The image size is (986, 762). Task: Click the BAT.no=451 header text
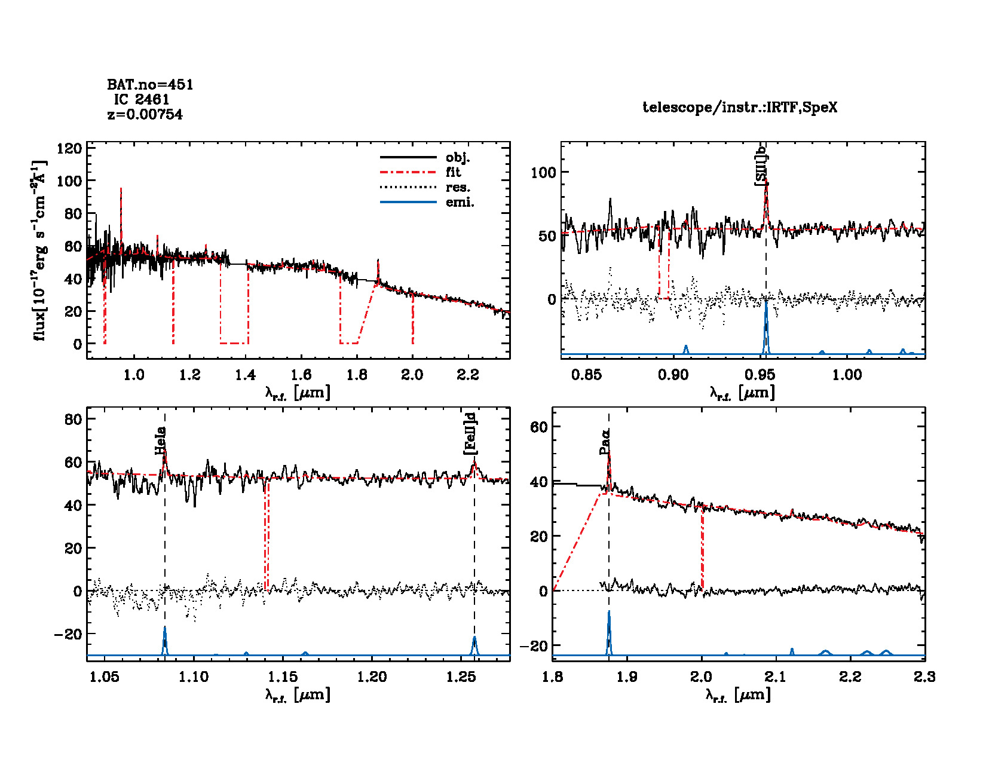(150, 85)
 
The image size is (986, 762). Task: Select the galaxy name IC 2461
(142, 100)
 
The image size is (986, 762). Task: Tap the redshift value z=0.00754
(145, 114)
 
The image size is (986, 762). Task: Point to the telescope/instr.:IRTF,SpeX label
(740, 108)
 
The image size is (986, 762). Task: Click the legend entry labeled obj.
(458, 158)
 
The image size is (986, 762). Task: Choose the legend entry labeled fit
(453, 173)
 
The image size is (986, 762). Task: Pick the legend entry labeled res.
(458, 188)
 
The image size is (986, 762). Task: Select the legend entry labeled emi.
(460, 203)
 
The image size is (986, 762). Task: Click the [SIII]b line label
(761, 170)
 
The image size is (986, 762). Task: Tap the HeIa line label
(160, 440)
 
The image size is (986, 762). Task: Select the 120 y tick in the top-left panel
(69, 148)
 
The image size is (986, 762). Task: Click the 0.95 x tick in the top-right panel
(760, 375)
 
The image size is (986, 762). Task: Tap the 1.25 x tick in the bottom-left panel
(461, 677)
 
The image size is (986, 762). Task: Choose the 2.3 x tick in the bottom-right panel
(924, 677)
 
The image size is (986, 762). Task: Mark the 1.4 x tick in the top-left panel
(245, 375)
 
